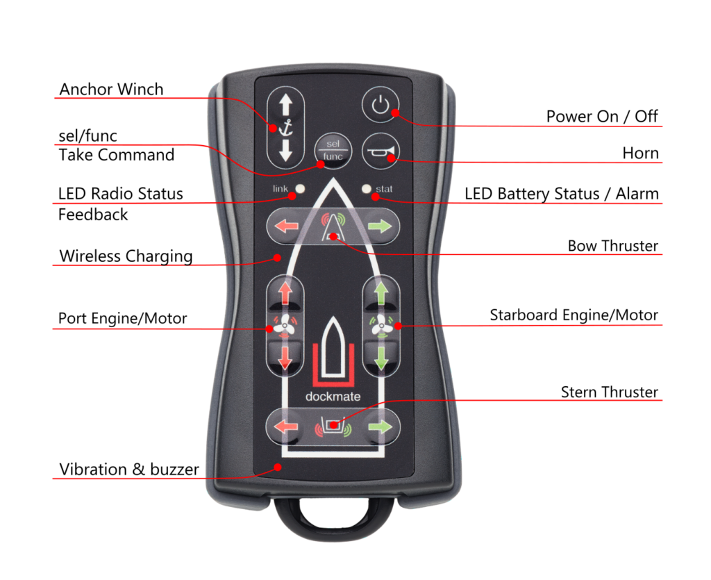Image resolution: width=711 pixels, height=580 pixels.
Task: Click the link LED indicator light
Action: click(300, 188)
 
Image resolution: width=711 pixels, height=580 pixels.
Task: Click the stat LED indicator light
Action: click(366, 188)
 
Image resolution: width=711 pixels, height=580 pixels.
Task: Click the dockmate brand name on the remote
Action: click(333, 397)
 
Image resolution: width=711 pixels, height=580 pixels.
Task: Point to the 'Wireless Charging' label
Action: click(126, 256)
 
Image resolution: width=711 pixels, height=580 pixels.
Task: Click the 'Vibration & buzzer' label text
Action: click(129, 469)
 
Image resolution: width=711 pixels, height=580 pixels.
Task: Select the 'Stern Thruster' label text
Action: click(609, 392)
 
